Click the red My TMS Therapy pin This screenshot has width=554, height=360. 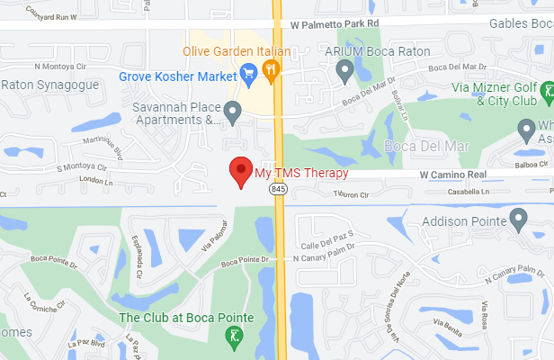coord(240,170)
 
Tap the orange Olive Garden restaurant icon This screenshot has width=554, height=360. coord(271,68)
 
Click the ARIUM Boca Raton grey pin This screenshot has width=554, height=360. coord(344,69)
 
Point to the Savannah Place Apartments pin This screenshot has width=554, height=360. coord(233,112)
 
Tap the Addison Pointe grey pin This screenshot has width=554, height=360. coord(517,218)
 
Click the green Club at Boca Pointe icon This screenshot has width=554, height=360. coord(232,337)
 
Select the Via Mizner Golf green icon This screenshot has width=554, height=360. coord(544,91)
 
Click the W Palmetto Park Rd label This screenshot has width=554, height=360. coord(330,24)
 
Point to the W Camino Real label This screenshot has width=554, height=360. coord(454,174)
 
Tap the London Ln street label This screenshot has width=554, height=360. coord(94,179)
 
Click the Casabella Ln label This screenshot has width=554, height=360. coord(468,192)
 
